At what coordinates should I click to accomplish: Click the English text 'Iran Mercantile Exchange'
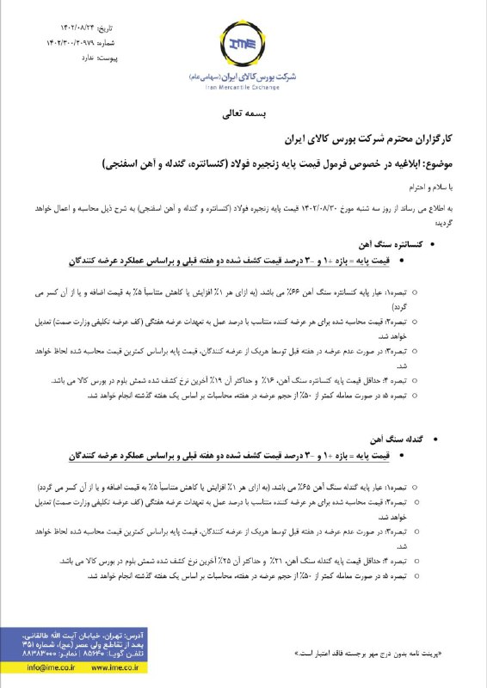pos(243,87)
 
